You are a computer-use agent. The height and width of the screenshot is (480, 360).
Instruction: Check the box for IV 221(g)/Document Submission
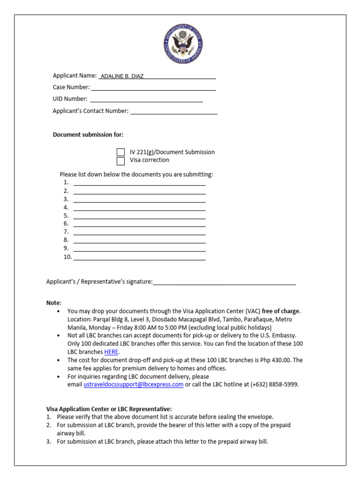click(x=121, y=152)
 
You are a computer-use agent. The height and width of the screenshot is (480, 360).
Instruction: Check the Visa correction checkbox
click(x=121, y=161)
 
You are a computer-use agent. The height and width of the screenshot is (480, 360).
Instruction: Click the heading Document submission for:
click(x=88, y=135)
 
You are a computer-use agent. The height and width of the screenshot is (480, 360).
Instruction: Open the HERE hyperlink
click(x=112, y=352)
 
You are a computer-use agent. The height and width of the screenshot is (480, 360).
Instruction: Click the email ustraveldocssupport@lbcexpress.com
click(x=134, y=385)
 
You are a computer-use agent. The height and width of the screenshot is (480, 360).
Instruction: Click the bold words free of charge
click(x=280, y=311)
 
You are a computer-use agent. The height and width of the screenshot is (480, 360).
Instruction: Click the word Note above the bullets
click(x=53, y=303)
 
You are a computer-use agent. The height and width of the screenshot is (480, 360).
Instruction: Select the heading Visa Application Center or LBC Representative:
click(x=109, y=409)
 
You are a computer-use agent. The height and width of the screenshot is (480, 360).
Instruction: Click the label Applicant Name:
click(x=75, y=75)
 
